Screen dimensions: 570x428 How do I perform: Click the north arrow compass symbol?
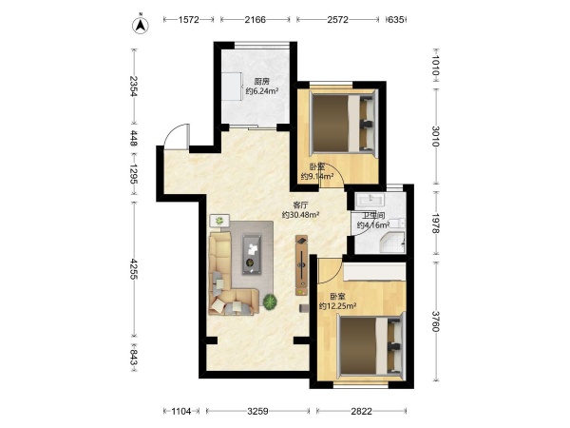pyautogui.click(x=140, y=25)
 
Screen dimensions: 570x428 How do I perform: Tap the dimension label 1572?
pyautogui.click(x=188, y=20)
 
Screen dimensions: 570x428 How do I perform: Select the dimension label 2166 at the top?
pyautogui.click(x=255, y=20)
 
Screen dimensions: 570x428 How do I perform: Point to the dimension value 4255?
pyautogui.click(x=133, y=269)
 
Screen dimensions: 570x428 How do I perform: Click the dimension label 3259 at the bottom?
pyautogui.click(x=257, y=411)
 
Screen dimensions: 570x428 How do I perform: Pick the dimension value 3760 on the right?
pyautogui.click(x=435, y=321)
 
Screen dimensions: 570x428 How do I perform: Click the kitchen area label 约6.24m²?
pyautogui.click(x=262, y=91)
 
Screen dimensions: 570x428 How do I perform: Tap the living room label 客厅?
pyautogui.click(x=300, y=205)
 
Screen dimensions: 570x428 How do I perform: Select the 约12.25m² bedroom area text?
pyautogui.click(x=337, y=306)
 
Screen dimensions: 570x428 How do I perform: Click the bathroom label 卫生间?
pyautogui.click(x=373, y=216)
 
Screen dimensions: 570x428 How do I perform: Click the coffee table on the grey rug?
pyautogui.click(x=252, y=254)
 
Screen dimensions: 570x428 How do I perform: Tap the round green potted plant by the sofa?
pyautogui.click(x=270, y=302)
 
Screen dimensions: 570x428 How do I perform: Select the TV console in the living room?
pyautogui.click(x=302, y=265)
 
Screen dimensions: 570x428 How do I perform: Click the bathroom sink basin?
pyautogui.click(x=370, y=199)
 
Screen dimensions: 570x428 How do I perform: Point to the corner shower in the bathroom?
pyautogui.click(x=392, y=242)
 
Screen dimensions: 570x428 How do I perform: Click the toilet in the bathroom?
pyautogui.click(x=398, y=224)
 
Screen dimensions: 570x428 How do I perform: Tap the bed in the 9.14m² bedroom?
pyautogui.click(x=343, y=122)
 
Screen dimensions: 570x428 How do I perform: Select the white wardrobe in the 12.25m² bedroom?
pyautogui.click(x=374, y=272)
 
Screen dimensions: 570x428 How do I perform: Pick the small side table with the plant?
pyautogui.click(x=219, y=221)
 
